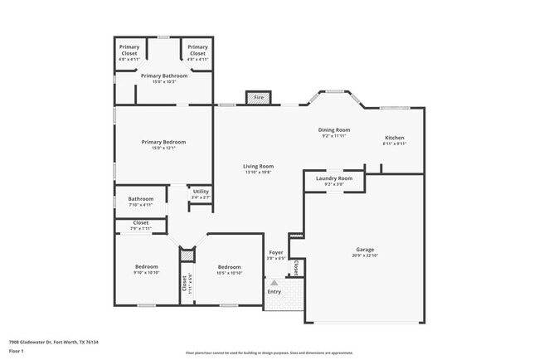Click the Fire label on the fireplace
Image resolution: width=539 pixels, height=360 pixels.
click(x=259, y=98)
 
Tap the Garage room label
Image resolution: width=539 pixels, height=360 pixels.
click(x=365, y=249)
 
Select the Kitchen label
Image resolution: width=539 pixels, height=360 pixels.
click(x=394, y=138)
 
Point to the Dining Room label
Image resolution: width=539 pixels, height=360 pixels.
click(x=335, y=129)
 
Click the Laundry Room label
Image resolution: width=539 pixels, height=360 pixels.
click(x=334, y=178)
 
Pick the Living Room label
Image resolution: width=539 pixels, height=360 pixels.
click(x=258, y=166)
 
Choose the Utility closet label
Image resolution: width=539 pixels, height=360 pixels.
click(x=200, y=192)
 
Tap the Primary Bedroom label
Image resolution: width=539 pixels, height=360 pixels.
click(x=163, y=142)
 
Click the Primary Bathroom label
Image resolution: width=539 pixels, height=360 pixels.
click(x=163, y=76)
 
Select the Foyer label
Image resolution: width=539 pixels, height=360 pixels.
click(x=276, y=252)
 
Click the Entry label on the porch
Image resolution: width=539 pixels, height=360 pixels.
click(x=274, y=292)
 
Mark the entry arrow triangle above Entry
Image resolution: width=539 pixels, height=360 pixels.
click(x=274, y=283)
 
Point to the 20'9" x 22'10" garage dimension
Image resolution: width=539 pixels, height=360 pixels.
click(x=365, y=255)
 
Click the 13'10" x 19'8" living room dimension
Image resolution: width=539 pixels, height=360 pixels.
click(x=258, y=173)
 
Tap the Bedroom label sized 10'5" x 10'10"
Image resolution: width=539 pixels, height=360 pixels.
click(x=229, y=266)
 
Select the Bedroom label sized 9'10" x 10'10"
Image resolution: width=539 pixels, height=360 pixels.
click(x=146, y=266)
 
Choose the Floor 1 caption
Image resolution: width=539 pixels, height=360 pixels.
click(x=17, y=351)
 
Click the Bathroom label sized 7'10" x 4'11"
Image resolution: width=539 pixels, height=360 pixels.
click(x=140, y=199)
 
